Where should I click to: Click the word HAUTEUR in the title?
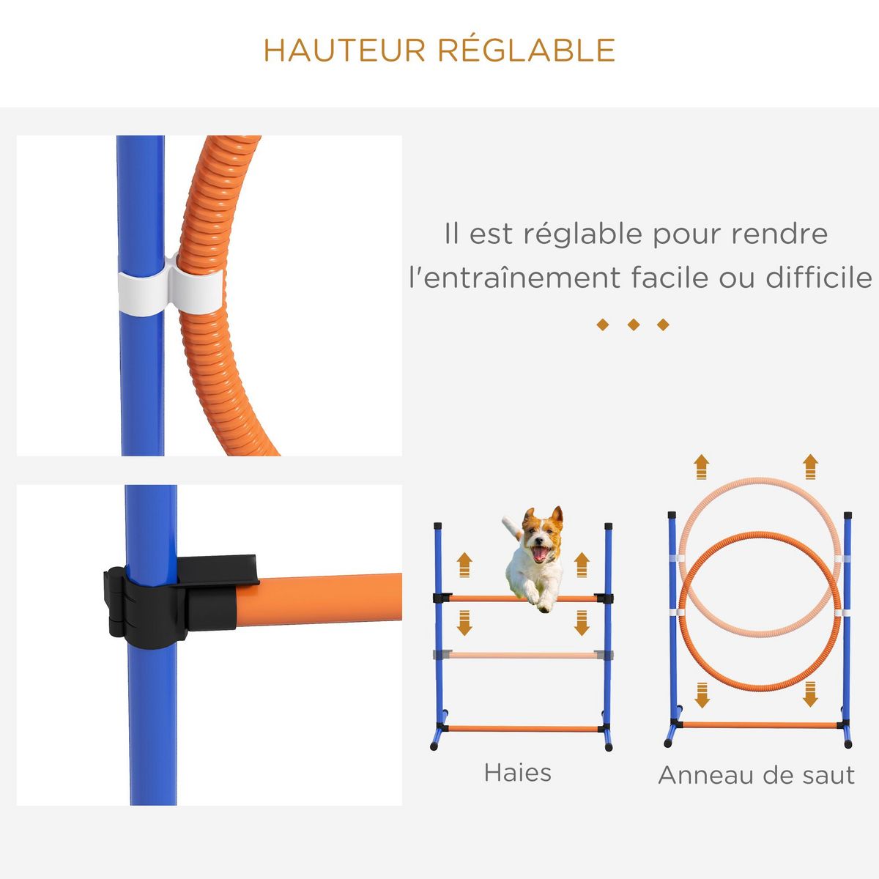click(345, 51)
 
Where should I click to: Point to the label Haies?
click(517, 773)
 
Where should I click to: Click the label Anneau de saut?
click(756, 775)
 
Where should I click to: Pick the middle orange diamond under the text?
click(633, 324)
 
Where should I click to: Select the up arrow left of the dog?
click(464, 565)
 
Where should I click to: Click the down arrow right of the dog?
click(582, 625)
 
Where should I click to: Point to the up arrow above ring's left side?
click(701, 467)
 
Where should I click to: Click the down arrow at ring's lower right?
click(810, 694)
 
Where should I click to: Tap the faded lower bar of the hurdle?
click(522, 655)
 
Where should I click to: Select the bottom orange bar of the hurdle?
click(522, 729)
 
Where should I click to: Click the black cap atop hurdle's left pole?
click(438, 526)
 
